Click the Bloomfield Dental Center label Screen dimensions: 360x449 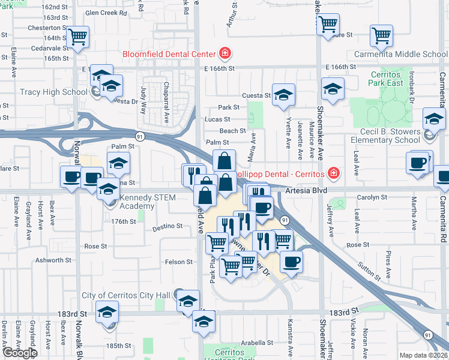point(169,54)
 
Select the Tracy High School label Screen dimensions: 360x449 point(53,92)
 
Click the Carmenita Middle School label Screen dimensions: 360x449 point(409,54)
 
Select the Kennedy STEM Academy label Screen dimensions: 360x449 point(146,202)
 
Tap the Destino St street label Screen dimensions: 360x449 point(167,226)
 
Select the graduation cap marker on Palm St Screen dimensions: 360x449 point(118,163)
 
